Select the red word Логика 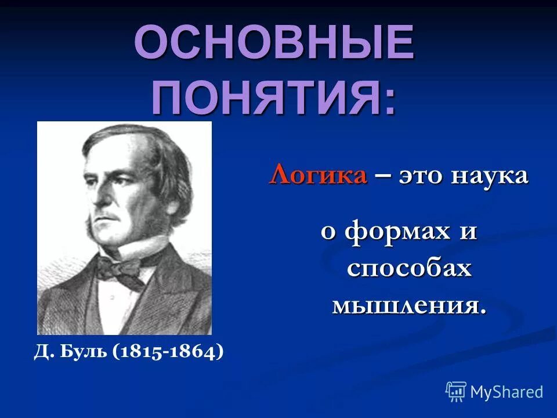click(x=318, y=175)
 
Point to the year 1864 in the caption click(x=194, y=352)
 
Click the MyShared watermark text click(x=506, y=392)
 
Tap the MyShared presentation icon click(x=456, y=392)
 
